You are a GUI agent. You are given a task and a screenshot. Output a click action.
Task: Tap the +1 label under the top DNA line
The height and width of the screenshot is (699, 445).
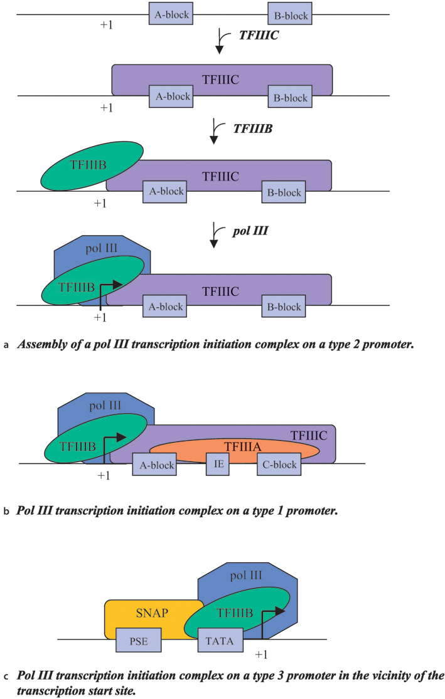click(107, 25)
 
